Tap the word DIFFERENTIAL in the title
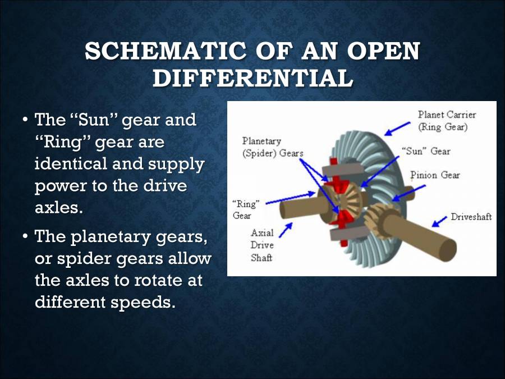coord(252,79)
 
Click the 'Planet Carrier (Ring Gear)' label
coord(447,121)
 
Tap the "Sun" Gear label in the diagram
coord(426,151)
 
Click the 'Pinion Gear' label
coord(435,175)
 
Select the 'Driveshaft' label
coord(471,217)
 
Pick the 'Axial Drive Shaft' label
coord(262,245)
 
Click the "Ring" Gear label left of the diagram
coord(245,209)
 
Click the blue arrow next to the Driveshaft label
coord(440,221)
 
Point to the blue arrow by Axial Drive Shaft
coord(286,229)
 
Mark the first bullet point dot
coord(25,121)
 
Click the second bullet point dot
coord(25,237)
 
